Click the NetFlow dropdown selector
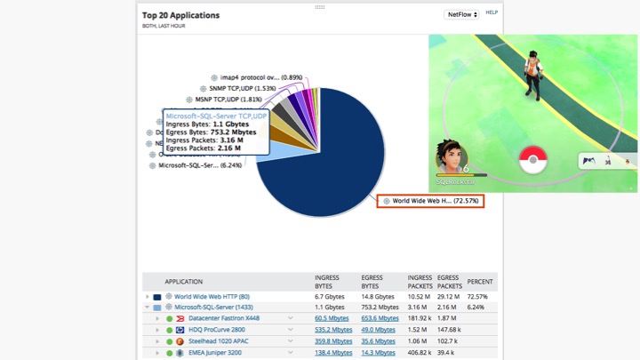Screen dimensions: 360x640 click(x=461, y=14)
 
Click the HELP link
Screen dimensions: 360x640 click(x=492, y=12)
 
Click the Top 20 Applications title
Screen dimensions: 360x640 click(x=180, y=15)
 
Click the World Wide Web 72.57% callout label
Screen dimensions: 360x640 click(x=430, y=201)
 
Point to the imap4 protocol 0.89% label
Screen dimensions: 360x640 click(x=257, y=78)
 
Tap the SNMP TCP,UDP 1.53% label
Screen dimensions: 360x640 click(x=243, y=89)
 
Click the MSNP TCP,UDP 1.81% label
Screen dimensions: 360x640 click(x=228, y=100)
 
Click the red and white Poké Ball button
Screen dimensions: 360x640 click(x=532, y=160)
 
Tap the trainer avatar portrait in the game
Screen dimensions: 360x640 click(x=452, y=158)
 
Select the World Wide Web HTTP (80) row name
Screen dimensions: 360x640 click(x=212, y=297)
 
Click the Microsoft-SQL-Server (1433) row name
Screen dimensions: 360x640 click(x=213, y=307)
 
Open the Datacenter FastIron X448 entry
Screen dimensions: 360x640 click(x=223, y=318)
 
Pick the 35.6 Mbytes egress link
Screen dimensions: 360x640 click(x=378, y=341)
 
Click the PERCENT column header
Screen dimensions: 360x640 click(x=480, y=282)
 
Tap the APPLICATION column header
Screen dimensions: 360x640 click(x=183, y=282)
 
